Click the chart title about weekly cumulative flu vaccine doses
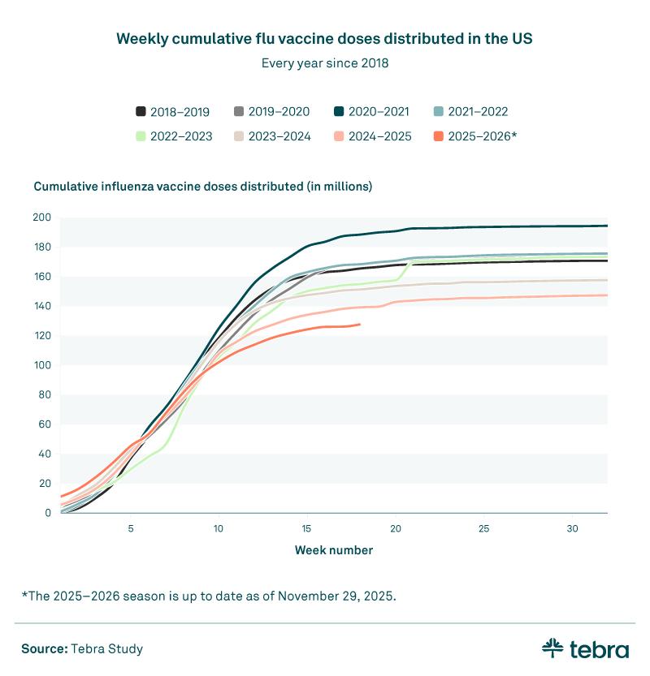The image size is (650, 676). tap(325, 39)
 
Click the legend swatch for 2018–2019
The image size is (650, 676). tap(141, 112)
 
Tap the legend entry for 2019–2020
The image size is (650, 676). tap(272, 112)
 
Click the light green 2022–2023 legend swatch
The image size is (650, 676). tap(141, 136)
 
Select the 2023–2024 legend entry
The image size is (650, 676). tap(272, 136)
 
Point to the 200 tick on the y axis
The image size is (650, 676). tap(42, 217)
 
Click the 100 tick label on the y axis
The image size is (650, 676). tap(42, 365)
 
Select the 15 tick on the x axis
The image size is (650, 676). tap(307, 529)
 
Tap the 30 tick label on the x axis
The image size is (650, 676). tap(572, 529)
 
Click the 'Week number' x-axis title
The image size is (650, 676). tap(334, 550)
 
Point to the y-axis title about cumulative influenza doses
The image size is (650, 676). tap(202, 187)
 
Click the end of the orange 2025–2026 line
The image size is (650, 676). tap(359, 325)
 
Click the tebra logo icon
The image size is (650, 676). tap(552, 648)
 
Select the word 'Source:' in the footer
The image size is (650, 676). tap(44, 648)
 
